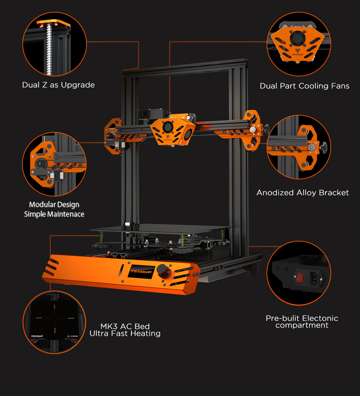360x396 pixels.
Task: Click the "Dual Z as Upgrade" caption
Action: point(58,85)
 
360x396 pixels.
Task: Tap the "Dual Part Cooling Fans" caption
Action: point(305,86)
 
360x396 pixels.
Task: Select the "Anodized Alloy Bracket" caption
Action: point(302,193)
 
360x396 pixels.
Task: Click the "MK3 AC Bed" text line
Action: point(125,327)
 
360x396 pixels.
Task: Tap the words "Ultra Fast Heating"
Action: point(125,334)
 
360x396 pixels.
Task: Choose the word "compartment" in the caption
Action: point(302,326)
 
